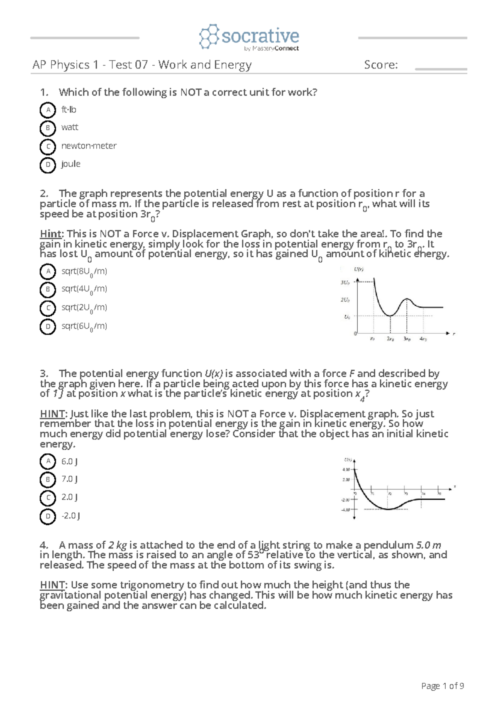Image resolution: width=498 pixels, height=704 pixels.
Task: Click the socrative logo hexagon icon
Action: (209, 37)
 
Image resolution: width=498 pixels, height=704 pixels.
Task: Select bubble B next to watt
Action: (48, 128)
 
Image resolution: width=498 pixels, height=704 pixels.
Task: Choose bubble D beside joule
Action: (48, 165)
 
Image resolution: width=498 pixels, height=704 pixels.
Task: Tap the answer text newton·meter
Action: (89, 146)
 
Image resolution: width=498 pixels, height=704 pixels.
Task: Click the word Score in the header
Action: (380, 65)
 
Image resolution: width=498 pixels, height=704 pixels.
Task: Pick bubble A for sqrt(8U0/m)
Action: (48, 272)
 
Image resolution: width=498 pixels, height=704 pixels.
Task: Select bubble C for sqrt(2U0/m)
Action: (48, 308)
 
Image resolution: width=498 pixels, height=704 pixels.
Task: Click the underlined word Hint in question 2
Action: (50, 234)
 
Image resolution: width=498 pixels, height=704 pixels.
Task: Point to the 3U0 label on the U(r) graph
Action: (345, 283)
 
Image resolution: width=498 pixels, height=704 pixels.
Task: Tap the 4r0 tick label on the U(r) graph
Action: (423, 339)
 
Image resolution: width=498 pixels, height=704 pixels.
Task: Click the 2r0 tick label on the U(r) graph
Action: (390, 339)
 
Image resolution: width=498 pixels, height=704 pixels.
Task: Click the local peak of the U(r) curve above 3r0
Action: (407, 299)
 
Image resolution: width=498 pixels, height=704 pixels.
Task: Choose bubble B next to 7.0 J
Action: (48, 480)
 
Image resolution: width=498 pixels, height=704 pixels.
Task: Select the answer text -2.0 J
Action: (71, 516)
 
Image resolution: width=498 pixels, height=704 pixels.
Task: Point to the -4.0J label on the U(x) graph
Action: (346, 509)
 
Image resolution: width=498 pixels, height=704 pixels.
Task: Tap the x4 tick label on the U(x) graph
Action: (423, 494)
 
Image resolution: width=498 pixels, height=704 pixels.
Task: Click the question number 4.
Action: (44, 545)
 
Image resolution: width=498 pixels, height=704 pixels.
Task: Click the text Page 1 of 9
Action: (442, 686)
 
